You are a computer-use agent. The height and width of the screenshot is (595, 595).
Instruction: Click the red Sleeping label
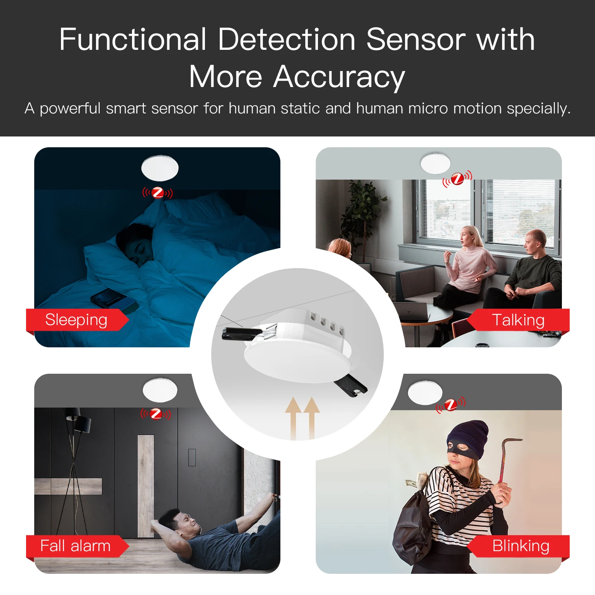click(x=76, y=320)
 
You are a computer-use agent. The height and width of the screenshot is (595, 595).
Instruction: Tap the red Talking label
click(x=518, y=320)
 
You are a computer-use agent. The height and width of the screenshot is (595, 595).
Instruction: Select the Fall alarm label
click(x=75, y=546)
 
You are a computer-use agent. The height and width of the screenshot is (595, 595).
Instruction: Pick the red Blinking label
click(x=521, y=546)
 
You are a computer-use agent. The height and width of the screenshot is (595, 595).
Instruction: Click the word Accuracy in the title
click(x=339, y=77)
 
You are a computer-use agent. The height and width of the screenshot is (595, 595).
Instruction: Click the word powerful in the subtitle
click(x=70, y=109)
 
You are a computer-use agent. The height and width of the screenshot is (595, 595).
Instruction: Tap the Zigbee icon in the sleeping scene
click(x=158, y=193)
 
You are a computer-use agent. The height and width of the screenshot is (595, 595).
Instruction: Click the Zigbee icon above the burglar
click(x=451, y=405)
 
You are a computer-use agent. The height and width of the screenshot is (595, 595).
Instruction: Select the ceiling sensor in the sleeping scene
click(x=160, y=168)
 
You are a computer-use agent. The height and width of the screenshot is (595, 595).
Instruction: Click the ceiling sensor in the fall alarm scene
click(x=160, y=390)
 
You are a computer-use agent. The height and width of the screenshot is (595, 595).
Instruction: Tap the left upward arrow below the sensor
click(x=293, y=416)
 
